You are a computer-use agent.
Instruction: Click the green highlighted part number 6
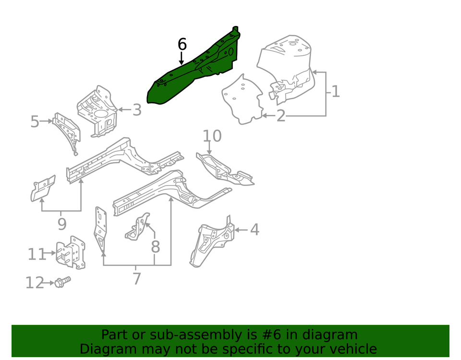tap(192, 72)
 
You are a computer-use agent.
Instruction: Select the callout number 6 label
tap(182, 45)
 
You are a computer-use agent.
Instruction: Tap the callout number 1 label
tap(335, 91)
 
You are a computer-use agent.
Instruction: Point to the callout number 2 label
tap(280, 116)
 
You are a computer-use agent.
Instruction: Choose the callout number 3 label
tap(137, 110)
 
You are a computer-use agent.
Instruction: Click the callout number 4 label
tap(255, 230)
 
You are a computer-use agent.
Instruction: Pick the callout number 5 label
tap(35, 122)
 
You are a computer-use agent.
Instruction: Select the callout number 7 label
tap(137, 278)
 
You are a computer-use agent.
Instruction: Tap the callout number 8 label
tap(155, 247)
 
